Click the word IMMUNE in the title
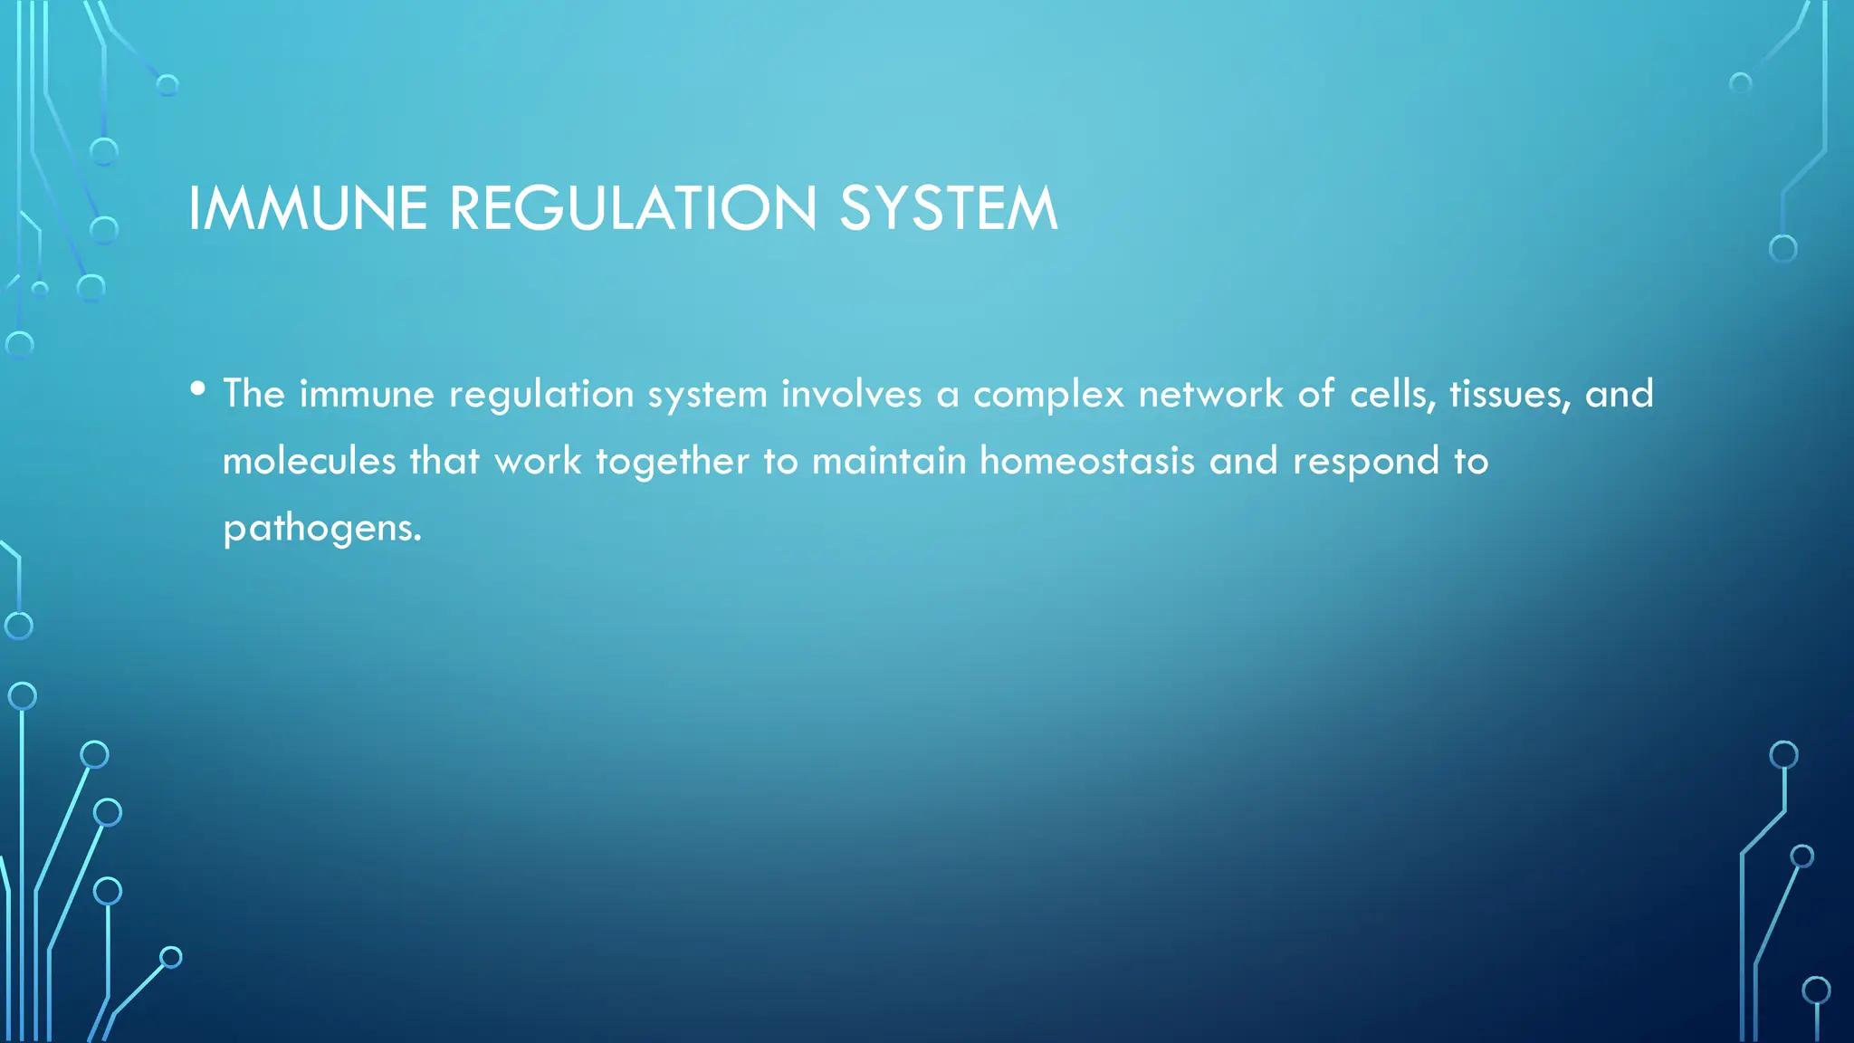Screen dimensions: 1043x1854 307,208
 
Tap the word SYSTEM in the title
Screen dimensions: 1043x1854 948,208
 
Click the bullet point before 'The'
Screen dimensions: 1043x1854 198,389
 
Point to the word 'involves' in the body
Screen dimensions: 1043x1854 851,394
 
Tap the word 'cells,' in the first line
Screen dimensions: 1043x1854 1392,394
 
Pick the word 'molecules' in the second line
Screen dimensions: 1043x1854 310,461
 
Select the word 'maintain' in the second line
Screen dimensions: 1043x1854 889,461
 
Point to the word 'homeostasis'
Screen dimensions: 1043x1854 1087,461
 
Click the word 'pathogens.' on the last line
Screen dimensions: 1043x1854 322,529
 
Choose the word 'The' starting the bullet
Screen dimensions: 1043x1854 254,394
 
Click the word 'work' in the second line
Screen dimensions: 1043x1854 538,461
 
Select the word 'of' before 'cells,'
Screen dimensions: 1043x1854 1316,394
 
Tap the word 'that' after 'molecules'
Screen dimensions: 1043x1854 444,461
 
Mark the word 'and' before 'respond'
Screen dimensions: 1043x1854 1244,461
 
